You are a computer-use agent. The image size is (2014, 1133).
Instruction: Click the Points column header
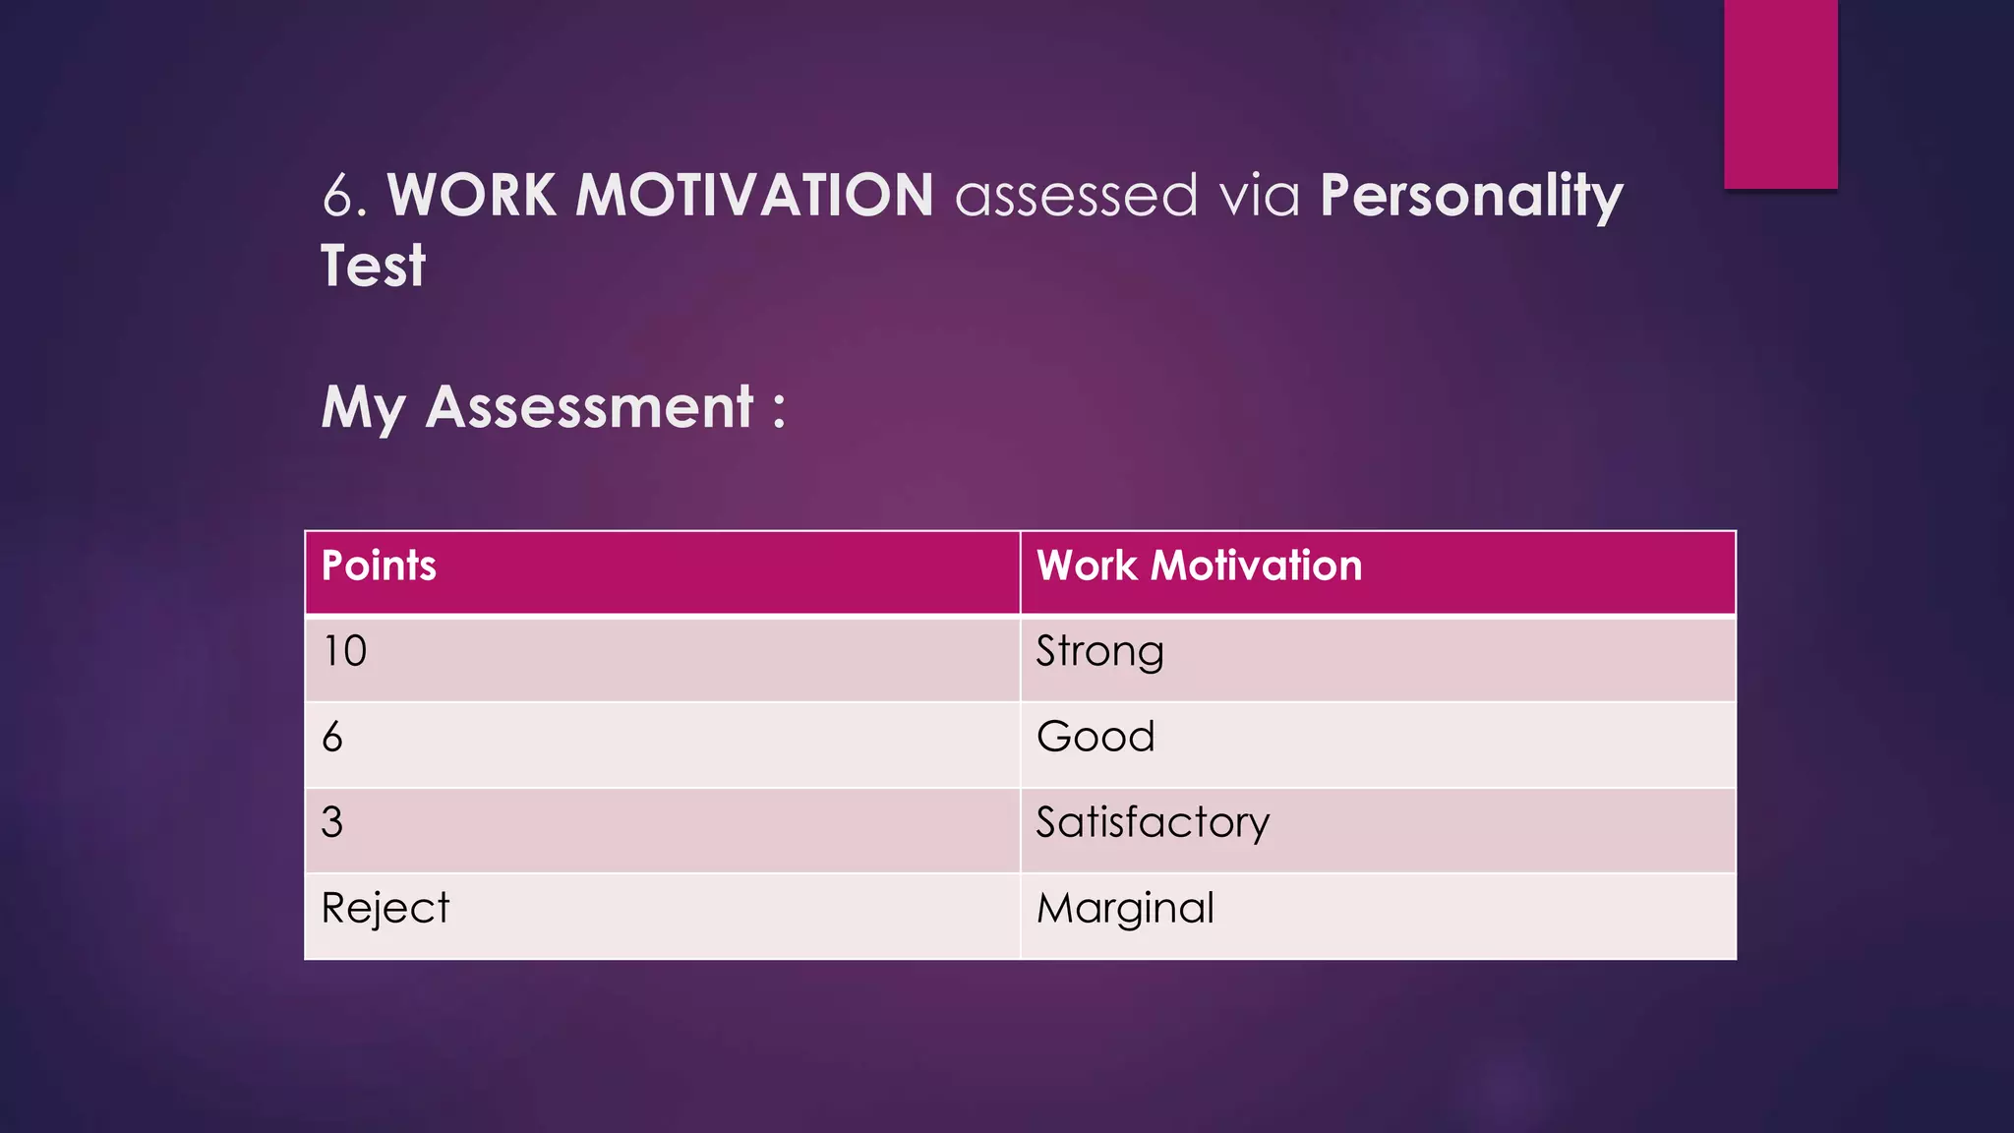[x=379, y=566]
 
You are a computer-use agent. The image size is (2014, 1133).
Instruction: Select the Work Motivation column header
[x=1199, y=566]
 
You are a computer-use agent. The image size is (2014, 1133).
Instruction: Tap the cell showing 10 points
[x=345, y=652]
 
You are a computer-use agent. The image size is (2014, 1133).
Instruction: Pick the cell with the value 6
[x=332, y=738]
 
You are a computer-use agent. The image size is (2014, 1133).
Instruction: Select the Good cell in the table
[x=1096, y=738]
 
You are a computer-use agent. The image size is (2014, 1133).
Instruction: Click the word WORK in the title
[x=472, y=196]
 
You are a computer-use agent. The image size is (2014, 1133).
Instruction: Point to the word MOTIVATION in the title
[x=754, y=196]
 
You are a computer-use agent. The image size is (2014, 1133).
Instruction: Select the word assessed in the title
[x=1077, y=196]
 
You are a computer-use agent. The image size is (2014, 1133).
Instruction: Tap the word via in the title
[x=1260, y=196]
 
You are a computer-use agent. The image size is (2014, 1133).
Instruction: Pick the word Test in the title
[x=373, y=267]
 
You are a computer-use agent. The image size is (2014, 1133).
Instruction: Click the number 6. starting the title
[x=344, y=196]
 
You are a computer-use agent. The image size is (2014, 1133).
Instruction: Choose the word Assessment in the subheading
[x=589, y=407]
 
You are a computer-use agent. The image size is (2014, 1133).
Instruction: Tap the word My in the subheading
[x=363, y=409]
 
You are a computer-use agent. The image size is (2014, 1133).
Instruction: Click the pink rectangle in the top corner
[x=1780, y=93]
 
